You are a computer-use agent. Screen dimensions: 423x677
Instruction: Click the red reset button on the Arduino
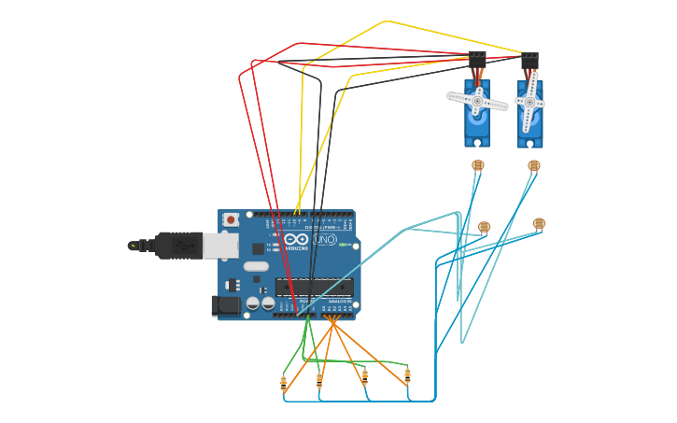(231, 219)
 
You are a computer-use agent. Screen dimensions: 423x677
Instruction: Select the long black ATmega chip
(314, 287)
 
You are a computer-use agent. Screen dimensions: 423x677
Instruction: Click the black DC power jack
(225, 305)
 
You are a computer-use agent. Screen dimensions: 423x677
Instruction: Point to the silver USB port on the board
(220, 246)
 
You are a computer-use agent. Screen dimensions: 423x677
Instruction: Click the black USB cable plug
(178, 246)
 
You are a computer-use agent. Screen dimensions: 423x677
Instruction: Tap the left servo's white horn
(477, 101)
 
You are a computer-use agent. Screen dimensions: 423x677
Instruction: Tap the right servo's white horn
(529, 102)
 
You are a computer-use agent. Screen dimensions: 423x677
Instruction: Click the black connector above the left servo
(477, 58)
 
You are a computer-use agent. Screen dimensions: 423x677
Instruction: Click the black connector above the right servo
(529, 59)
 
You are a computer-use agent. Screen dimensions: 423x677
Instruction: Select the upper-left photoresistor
(478, 165)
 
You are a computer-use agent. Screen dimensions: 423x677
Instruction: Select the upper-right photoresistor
(534, 165)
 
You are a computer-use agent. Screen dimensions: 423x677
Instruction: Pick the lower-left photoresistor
(484, 227)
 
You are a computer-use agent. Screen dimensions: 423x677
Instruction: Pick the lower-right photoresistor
(539, 223)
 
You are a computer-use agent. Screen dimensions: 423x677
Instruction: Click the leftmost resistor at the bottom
(284, 382)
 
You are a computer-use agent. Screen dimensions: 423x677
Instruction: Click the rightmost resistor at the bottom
(407, 375)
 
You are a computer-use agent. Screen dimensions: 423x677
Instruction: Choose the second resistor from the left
(319, 380)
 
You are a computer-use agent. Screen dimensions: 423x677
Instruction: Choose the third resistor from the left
(364, 375)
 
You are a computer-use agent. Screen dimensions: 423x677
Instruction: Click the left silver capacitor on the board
(252, 303)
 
